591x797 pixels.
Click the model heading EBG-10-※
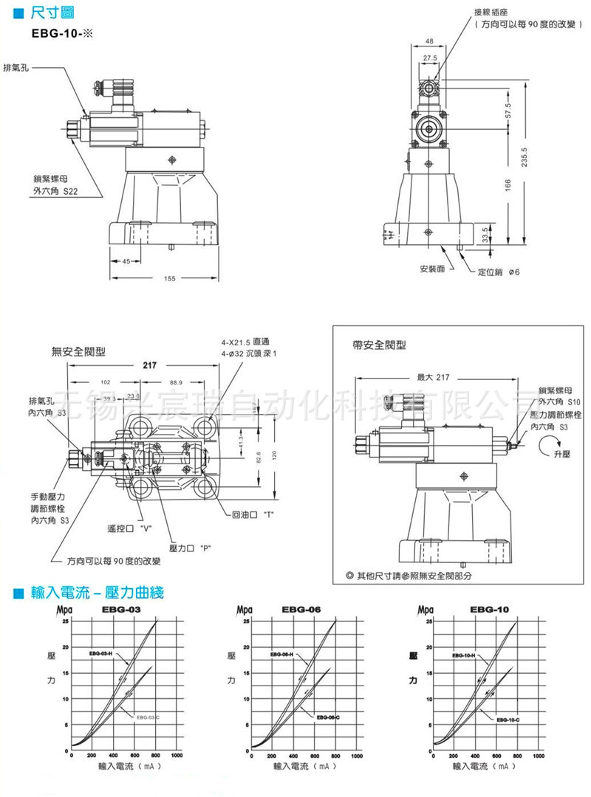coord(61,33)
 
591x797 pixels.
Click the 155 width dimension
coord(169,278)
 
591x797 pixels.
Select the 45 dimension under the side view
coord(126,261)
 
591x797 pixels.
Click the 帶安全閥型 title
coord(380,345)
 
